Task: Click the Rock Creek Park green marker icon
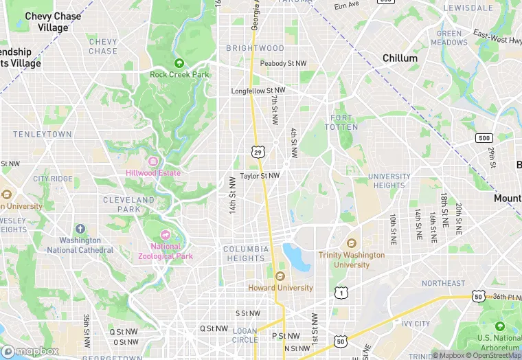coord(179,63)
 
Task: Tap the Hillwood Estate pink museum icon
coord(152,161)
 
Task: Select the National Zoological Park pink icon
coord(165,235)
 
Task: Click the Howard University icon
coord(280,276)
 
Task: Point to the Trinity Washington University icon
coord(352,244)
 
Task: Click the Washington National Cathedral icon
coord(80,229)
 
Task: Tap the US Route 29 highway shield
coord(257,151)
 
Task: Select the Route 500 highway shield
coord(484,138)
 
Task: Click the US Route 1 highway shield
coord(341,293)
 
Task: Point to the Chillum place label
coord(400,58)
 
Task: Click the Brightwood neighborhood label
coord(255,48)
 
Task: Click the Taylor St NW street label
coord(260,176)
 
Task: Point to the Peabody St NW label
coord(283,64)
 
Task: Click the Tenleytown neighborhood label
coord(42,134)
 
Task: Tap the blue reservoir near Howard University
coord(297,257)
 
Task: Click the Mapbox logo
coord(30,351)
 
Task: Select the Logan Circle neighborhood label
coord(245,335)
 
